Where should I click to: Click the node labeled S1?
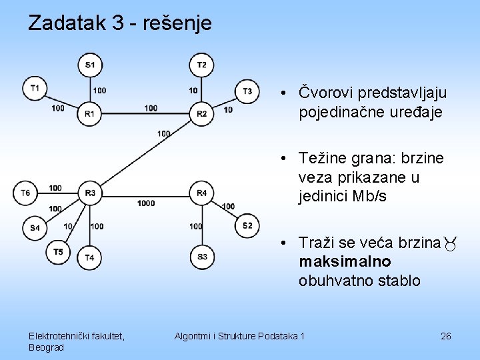(x=89, y=65)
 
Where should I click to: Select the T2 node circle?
(x=201, y=65)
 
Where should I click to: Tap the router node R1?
(x=89, y=114)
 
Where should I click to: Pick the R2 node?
(x=201, y=114)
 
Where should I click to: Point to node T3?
(x=247, y=91)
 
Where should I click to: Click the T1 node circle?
(x=35, y=87)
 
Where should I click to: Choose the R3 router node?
(x=89, y=193)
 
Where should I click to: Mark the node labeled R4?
(x=201, y=193)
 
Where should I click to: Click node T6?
(x=25, y=193)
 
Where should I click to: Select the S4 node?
(x=35, y=227)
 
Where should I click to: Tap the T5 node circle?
(x=58, y=251)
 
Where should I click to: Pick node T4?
(x=89, y=257)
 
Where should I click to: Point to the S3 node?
(x=201, y=257)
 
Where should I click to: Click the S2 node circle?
(x=247, y=225)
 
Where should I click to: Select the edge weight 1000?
(x=146, y=203)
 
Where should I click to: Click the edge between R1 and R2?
(x=145, y=114)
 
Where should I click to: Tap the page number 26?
(x=446, y=336)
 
